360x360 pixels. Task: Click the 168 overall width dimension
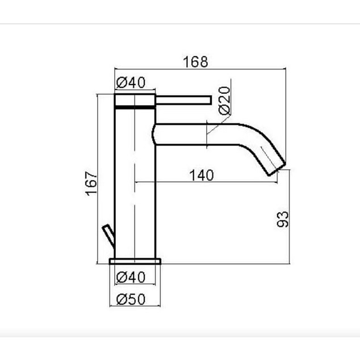click(x=195, y=62)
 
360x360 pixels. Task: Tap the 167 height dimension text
click(x=91, y=183)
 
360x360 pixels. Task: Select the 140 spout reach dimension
click(x=202, y=175)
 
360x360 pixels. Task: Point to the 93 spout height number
click(x=283, y=219)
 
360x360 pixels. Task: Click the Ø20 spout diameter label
click(x=224, y=101)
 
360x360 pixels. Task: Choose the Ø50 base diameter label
click(x=131, y=299)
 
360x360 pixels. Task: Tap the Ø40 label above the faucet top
click(x=131, y=82)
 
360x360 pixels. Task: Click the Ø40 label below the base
click(x=131, y=277)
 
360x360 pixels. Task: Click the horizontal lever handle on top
click(x=183, y=101)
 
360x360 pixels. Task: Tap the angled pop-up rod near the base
click(x=108, y=236)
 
